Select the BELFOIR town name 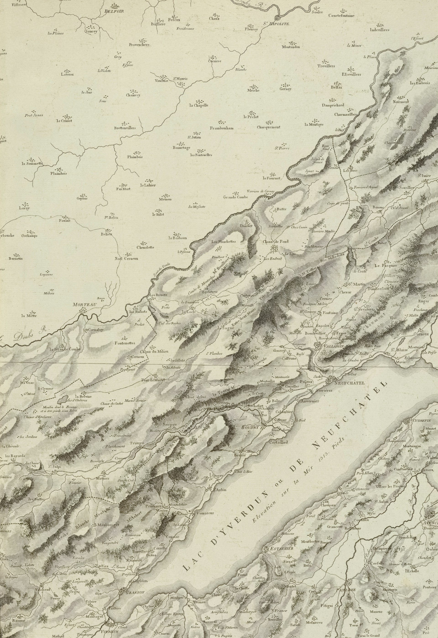click(x=114, y=11)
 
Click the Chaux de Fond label click(x=276, y=242)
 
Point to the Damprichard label click(x=333, y=105)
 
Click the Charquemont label click(x=269, y=127)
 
